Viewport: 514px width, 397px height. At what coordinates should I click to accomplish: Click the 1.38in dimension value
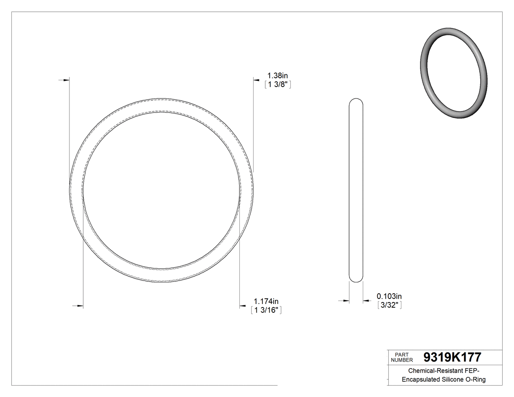click(x=277, y=75)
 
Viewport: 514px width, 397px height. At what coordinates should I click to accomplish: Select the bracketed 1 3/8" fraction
click(x=278, y=85)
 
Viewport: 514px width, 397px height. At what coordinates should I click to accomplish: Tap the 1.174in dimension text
click(x=266, y=301)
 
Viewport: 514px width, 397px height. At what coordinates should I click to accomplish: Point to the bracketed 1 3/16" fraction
click(x=266, y=310)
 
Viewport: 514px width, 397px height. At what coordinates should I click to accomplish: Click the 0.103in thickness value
click(x=389, y=296)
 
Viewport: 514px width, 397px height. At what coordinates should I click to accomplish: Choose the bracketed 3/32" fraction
click(x=389, y=305)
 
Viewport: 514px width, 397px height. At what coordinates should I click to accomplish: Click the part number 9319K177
click(x=452, y=357)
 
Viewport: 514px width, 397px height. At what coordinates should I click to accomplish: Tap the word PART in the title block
click(x=401, y=354)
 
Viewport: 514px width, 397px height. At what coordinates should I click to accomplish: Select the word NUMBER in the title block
click(x=401, y=360)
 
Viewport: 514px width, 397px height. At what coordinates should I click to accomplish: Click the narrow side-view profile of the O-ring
click(x=356, y=190)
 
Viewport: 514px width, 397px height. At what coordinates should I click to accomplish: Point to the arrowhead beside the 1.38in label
click(x=256, y=78)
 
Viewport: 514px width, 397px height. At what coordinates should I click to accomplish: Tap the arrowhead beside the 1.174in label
click(x=242, y=307)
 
